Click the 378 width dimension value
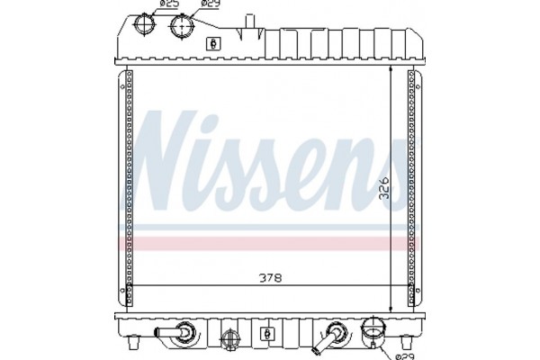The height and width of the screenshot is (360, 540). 269,278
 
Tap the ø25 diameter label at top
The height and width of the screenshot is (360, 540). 168,5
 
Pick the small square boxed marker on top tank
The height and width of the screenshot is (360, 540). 213,42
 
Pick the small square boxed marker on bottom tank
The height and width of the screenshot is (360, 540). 266,334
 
